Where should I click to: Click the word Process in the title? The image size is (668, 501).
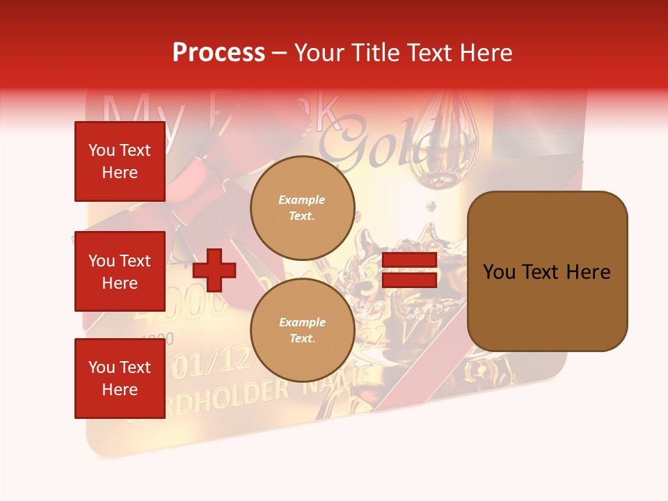coord(218,52)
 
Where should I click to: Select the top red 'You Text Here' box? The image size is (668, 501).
coord(120,161)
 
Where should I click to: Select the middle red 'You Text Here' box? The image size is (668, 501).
coord(120,271)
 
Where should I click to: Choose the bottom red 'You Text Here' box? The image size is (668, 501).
coord(120,379)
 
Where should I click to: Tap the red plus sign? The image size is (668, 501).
coord(214,270)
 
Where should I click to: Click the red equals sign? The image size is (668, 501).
coord(410,270)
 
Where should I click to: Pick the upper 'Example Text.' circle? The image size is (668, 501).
coord(302,208)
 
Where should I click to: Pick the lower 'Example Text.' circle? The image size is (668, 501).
coord(302,331)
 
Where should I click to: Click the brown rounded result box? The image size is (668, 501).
coord(547,271)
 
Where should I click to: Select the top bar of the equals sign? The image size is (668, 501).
coord(410,260)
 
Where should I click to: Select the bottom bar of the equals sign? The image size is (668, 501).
coord(410,280)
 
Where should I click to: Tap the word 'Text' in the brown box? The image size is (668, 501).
coord(546,272)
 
